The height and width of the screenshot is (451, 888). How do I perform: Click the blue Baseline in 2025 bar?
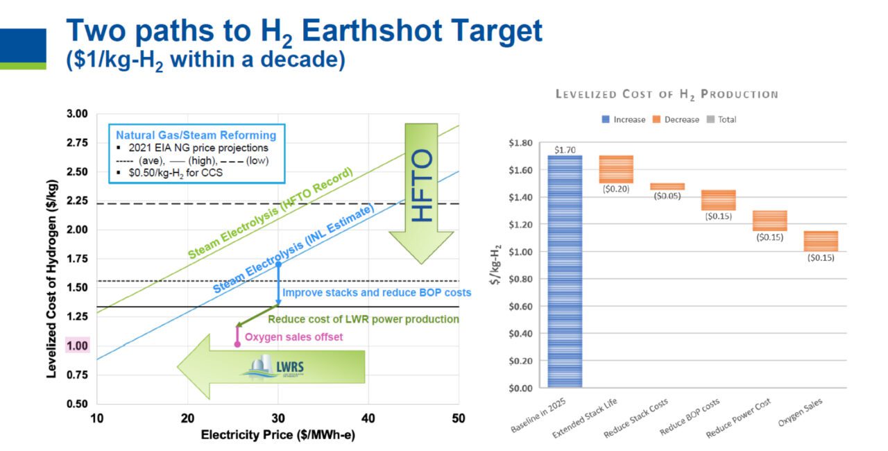564,271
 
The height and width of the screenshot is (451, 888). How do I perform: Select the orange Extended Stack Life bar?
616,169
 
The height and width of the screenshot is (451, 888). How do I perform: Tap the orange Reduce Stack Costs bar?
667,186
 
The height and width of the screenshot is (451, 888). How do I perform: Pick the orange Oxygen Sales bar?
820,241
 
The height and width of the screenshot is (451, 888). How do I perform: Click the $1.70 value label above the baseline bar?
564,149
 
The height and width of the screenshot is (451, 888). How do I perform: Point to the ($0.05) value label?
667,196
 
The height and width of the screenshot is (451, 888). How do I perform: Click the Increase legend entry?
624,119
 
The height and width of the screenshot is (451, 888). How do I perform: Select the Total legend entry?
721,119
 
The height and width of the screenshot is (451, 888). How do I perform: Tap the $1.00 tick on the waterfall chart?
522,251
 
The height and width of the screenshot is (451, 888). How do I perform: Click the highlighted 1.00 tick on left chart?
77,346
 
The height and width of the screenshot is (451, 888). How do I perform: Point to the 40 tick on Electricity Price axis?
368,418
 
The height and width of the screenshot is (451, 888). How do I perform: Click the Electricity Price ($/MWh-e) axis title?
277,435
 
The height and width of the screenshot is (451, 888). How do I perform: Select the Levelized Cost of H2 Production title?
666,94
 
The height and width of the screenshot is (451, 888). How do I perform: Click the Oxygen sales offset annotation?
294,337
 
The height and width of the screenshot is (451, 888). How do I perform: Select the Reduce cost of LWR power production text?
363,319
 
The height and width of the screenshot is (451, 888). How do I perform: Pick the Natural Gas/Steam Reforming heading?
196,135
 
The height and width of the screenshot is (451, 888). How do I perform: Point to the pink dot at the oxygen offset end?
237,343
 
